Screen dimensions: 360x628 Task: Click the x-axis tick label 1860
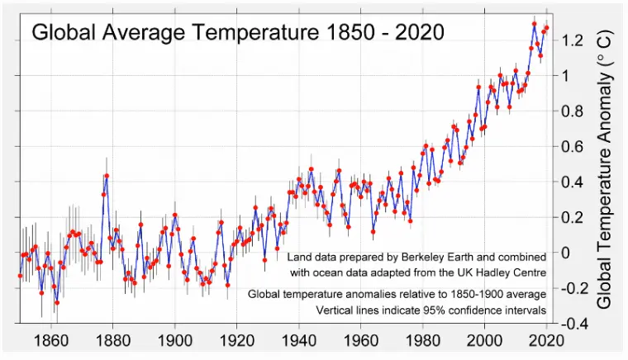(50, 339)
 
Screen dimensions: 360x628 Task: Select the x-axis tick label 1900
(174, 339)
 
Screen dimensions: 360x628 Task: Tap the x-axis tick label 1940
(298, 339)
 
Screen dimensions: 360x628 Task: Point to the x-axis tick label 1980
(422, 339)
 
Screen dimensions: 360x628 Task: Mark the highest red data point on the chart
(535, 24)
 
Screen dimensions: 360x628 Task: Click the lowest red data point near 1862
(57, 302)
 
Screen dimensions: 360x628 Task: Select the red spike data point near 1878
(107, 176)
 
